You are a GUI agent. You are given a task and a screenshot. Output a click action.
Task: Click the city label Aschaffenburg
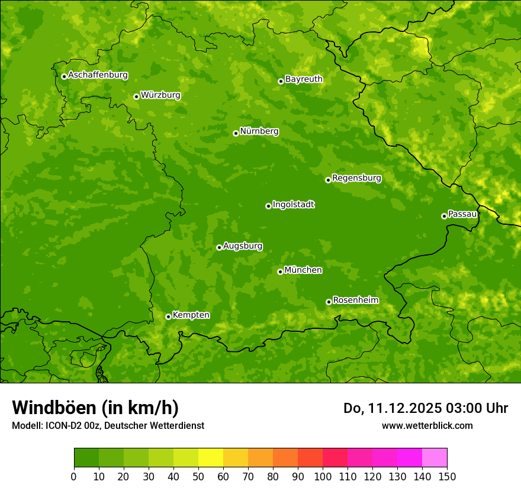click(x=98, y=75)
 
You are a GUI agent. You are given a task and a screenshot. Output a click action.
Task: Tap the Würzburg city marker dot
click(x=136, y=96)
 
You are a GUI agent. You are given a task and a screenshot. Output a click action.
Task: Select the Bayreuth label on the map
click(x=304, y=79)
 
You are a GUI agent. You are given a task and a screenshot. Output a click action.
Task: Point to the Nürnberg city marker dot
click(x=236, y=133)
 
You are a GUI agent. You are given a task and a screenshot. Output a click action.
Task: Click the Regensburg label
click(x=356, y=177)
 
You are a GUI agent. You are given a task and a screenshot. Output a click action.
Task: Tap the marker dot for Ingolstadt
click(x=268, y=206)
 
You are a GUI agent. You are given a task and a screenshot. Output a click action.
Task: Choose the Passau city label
click(x=462, y=214)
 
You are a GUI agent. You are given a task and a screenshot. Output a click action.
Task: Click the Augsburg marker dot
click(x=219, y=247)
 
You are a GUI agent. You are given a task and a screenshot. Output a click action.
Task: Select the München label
click(x=303, y=270)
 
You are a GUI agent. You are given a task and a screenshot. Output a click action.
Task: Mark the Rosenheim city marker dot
click(x=329, y=302)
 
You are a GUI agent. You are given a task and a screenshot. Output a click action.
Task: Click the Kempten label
click(x=191, y=315)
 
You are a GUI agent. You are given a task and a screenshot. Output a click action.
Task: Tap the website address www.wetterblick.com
click(x=427, y=425)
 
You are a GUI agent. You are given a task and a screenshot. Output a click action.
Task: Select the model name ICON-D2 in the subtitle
click(x=63, y=426)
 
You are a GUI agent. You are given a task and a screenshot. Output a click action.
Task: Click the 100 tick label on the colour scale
click(x=323, y=476)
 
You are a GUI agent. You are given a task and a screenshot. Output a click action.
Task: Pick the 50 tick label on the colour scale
click(x=198, y=476)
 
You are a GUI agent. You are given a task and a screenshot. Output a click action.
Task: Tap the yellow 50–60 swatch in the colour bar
click(x=211, y=458)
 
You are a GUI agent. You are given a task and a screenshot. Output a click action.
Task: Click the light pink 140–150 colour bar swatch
click(x=435, y=458)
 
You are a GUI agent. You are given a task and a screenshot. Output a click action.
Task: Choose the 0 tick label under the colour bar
click(x=74, y=476)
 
